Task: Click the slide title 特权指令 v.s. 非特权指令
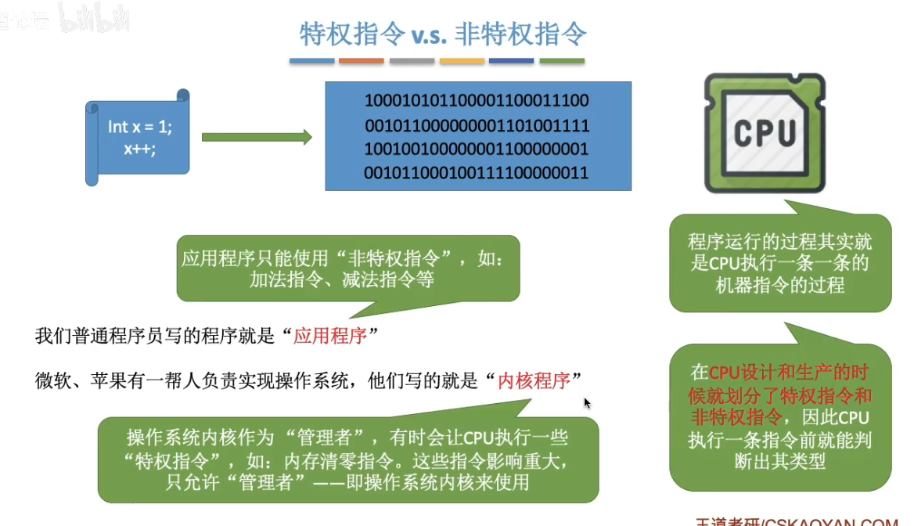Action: coord(444,34)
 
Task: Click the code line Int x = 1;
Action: coord(140,127)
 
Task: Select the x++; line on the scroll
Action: coord(139,147)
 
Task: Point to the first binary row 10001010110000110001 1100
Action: coord(477,101)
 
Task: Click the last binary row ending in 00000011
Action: coord(477,172)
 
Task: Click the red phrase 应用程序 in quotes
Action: coord(329,337)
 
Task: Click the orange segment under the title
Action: coord(362,60)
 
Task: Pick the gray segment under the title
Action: coord(412,60)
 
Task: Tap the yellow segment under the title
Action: coord(462,60)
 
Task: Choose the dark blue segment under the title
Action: coord(512,60)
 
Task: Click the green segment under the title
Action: coord(562,60)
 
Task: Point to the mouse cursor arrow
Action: coord(587,403)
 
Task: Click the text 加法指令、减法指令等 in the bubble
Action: coord(342,279)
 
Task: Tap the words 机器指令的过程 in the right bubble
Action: coord(780,285)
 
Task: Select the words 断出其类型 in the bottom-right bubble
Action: coord(780,461)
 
